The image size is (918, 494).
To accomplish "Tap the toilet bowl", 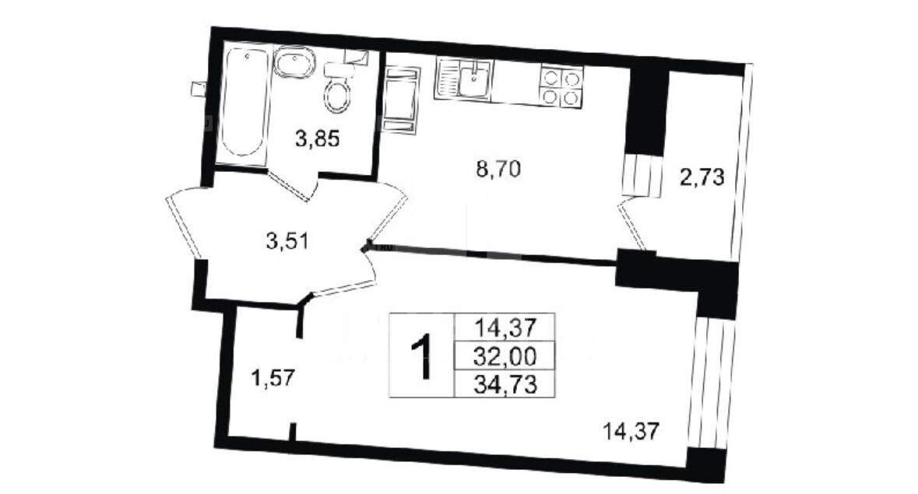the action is [x=338, y=95].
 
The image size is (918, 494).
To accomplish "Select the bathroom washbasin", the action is [x=294, y=62].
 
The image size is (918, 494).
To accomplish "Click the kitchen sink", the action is [x=464, y=79].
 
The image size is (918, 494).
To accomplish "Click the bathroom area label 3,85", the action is [x=318, y=139].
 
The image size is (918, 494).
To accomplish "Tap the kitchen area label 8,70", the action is [x=498, y=170].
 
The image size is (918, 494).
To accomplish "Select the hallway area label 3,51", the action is [x=287, y=241].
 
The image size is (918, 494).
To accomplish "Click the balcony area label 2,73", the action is [x=702, y=177].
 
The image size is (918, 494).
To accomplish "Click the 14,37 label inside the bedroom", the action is [x=631, y=432].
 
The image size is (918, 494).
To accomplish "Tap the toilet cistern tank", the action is [x=340, y=69].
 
